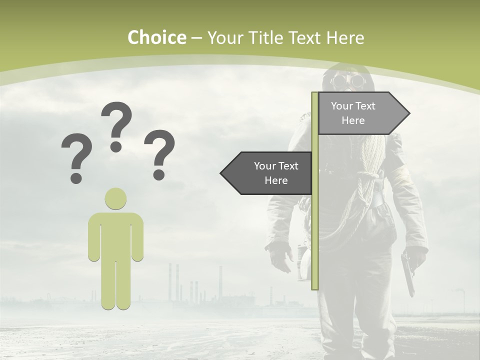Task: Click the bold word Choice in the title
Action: pos(156,37)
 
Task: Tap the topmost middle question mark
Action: pos(116,126)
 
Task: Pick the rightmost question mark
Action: pos(159,154)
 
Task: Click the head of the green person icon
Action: pos(115,198)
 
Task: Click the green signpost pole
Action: pos(315,225)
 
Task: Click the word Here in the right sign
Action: pos(353,120)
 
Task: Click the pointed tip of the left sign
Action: pos(221,173)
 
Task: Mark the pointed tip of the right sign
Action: pos(408,113)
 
